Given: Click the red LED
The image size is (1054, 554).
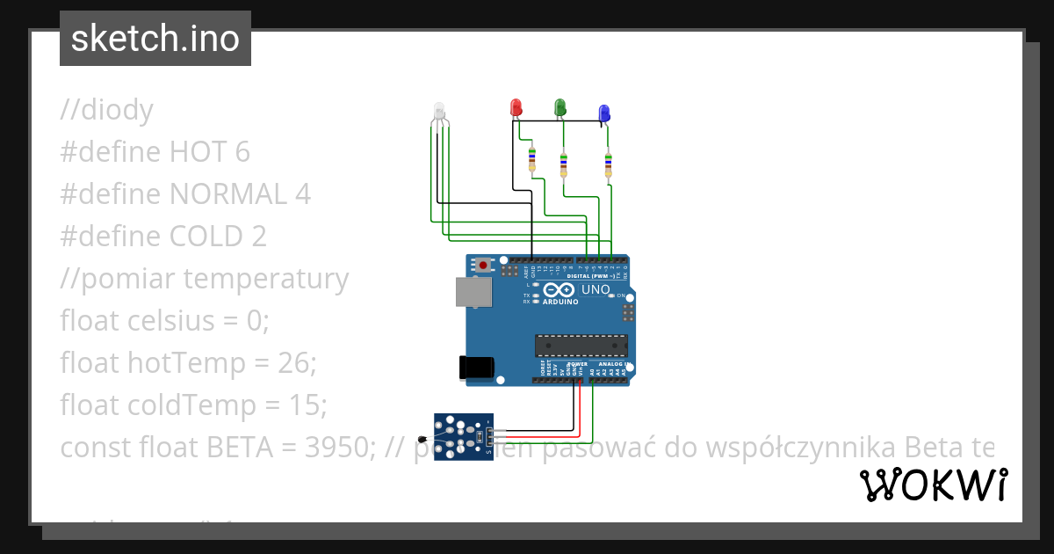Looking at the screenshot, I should point(516,107).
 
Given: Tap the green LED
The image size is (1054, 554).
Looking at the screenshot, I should point(559,107).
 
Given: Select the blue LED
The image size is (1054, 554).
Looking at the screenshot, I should point(604,113).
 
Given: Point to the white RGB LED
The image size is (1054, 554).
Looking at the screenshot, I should point(439,112).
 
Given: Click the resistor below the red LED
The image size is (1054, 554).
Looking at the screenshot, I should point(531,161).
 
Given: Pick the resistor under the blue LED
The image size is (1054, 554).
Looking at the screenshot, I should point(608,164).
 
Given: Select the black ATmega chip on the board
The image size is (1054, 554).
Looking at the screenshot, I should point(581,346).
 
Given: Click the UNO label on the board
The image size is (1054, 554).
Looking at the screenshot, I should point(596,289).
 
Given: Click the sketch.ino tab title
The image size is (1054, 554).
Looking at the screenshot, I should point(155,39).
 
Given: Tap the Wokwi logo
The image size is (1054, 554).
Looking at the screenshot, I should point(933,485).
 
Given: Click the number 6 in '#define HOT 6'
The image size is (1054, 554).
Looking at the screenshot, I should point(242,152).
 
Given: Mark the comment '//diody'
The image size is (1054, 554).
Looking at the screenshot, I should point(106,110).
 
